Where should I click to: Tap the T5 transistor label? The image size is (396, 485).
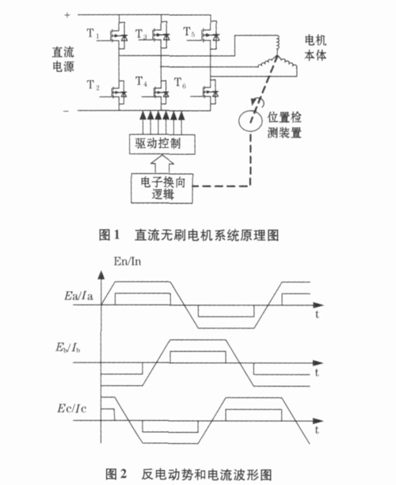coord(188,32)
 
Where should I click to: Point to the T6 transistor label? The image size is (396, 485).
coord(180,82)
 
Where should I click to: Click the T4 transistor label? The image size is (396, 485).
coord(142,81)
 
